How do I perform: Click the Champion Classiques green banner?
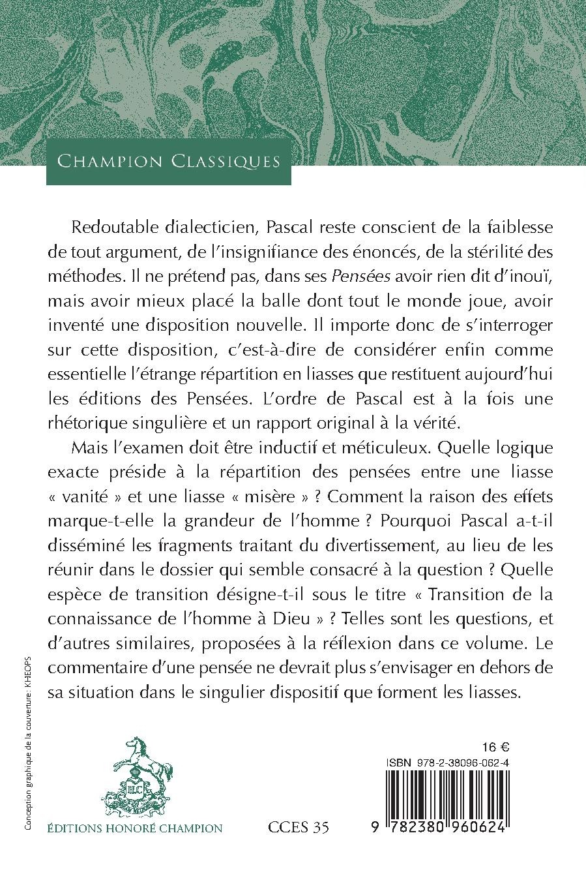[169, 161]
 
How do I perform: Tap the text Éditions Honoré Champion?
[135, 828]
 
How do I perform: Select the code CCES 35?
[299, 828]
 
